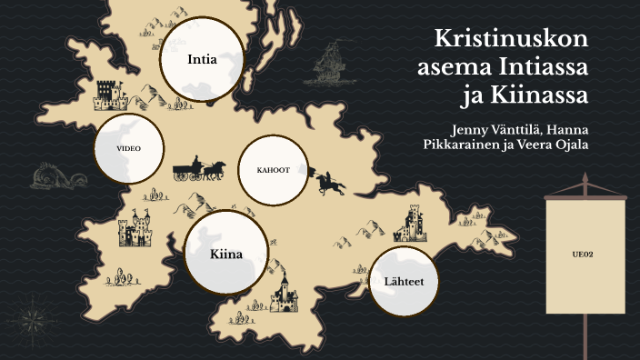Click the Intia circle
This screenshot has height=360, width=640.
pyautogui.click(x=202, y=59)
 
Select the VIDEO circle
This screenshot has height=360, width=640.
pyautogui.click(x=128, y=147)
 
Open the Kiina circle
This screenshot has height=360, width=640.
pyautogui.click(x=225, y=254)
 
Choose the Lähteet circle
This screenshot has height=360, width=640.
pyautogui.click(x=404, y=280)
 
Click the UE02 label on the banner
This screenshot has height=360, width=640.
pyautogui.click(x=584, y=254)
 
